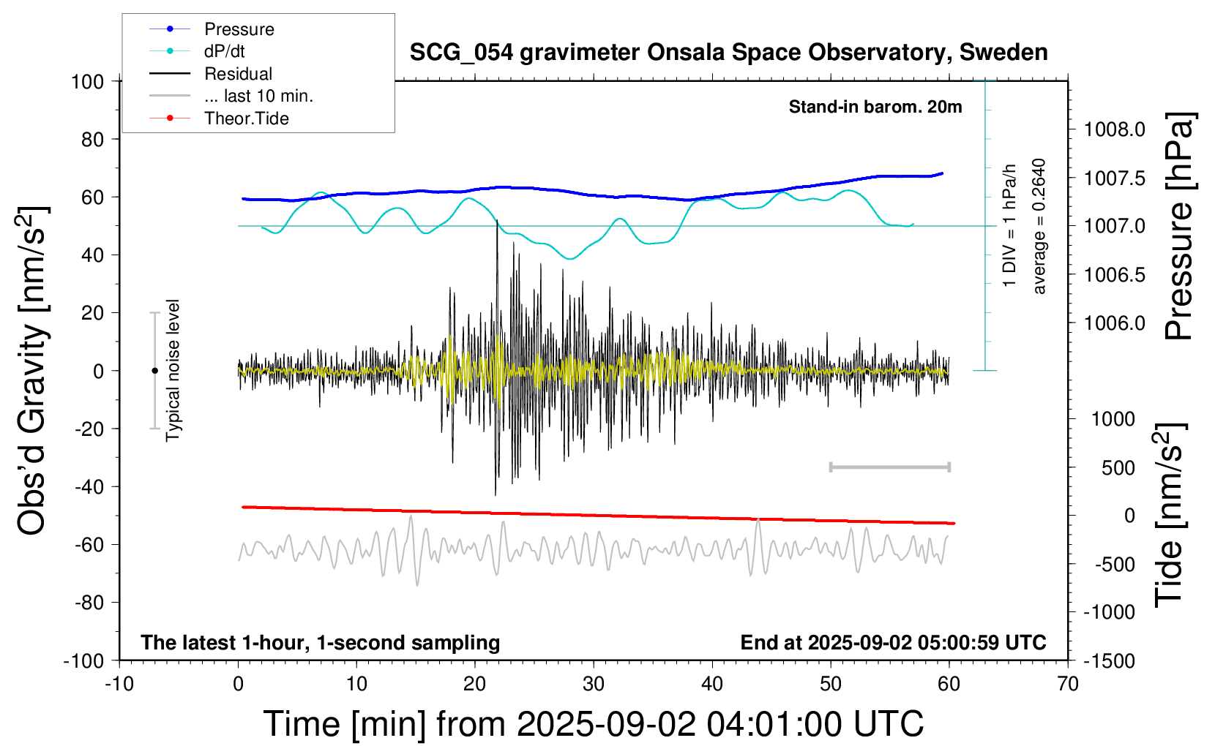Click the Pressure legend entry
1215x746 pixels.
(239, 29)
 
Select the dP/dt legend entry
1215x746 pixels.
(224, 51)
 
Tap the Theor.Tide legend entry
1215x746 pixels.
(246, 118)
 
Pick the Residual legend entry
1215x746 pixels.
(238, 74)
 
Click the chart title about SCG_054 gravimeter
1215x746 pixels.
(728, 53)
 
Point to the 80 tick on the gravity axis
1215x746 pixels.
(92, 139)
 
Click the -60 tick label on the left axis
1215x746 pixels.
(89, 544)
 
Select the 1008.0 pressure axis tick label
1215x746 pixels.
(1115, 129)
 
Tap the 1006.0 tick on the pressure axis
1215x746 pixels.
(1115, 323)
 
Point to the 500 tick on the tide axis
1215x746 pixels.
(1118, 467)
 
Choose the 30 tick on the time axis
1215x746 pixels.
(594, 684)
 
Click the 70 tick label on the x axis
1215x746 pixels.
(1068, 684)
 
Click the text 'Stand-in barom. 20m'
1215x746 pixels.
(875, 107)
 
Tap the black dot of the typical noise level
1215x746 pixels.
(154, 371)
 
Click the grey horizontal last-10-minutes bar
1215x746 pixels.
(889, 467)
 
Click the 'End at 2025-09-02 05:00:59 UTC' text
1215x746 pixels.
(893, 642)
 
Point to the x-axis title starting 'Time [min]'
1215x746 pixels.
(594, 723)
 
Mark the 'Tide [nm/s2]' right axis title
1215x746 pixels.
(1170, 515)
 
